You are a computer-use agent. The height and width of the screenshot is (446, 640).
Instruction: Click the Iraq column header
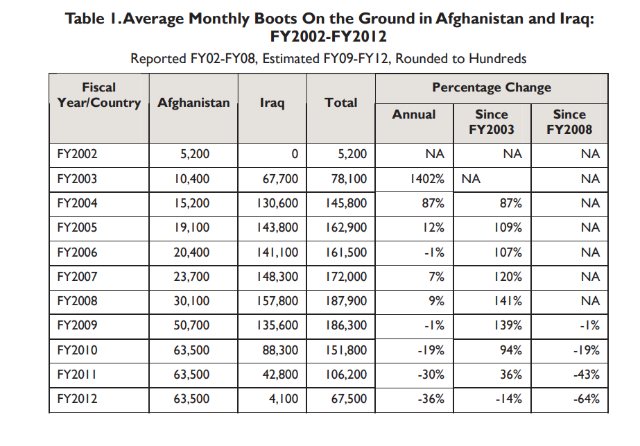(x=272, y=103)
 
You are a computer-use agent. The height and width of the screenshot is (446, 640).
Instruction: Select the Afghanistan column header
(x=193, y=103)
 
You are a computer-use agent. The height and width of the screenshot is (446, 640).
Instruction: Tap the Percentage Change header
(x=491, y=87)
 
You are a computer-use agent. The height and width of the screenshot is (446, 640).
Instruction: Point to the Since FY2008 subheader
(x=569, y=121)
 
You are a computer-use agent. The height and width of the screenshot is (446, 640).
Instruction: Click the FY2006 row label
(x=77, y=252)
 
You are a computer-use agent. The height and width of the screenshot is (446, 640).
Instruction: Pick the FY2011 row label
(x=77, y=375)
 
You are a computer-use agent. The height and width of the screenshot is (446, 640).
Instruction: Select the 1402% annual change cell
(x=427, y=179)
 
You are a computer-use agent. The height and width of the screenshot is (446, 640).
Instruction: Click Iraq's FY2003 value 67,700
(x=280, y=179)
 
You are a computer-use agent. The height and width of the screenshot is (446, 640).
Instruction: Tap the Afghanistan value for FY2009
(x=191, y=325)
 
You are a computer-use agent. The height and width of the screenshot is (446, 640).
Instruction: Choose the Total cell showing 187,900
(x=346, y=301)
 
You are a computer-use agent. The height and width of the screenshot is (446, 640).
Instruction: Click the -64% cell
(x=586, y=399)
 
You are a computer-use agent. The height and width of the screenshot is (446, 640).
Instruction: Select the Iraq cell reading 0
(x=295, y=154)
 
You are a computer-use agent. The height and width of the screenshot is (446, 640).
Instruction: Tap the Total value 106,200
(x=346, y=375)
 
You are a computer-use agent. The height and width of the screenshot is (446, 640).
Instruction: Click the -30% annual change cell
(x=431, y=375)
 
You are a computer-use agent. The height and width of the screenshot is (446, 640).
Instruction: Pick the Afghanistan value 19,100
(x=191, y=228)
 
